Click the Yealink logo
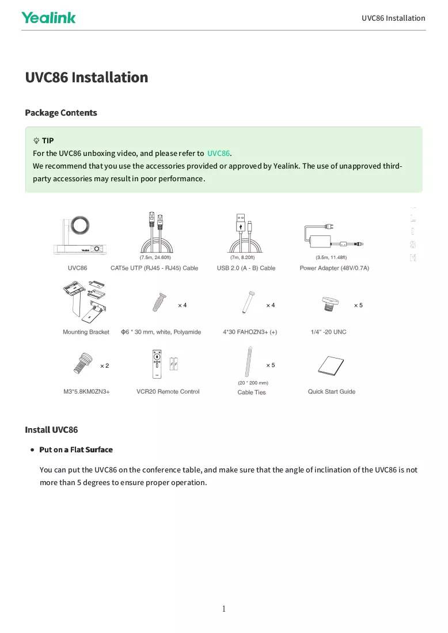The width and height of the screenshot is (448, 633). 48,18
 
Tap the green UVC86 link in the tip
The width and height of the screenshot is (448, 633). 218,154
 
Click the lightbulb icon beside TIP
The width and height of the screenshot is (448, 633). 36,140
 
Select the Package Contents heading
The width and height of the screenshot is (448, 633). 61,113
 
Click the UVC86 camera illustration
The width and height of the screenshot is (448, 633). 80,236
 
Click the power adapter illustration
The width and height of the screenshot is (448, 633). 333,236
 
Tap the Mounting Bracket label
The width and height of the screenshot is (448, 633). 86,332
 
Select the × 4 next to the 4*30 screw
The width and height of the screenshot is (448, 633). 271,305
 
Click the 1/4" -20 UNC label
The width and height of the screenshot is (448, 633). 328,332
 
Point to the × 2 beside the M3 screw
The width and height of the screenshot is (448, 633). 105,366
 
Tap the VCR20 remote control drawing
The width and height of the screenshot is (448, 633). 157,364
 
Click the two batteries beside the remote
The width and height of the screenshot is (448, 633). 174,364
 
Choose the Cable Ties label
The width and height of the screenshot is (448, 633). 252,392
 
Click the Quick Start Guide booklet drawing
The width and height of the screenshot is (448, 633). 331,366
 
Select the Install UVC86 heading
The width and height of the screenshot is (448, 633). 51,429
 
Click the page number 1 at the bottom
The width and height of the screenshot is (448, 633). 224,609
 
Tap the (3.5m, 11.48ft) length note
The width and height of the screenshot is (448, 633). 331,258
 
